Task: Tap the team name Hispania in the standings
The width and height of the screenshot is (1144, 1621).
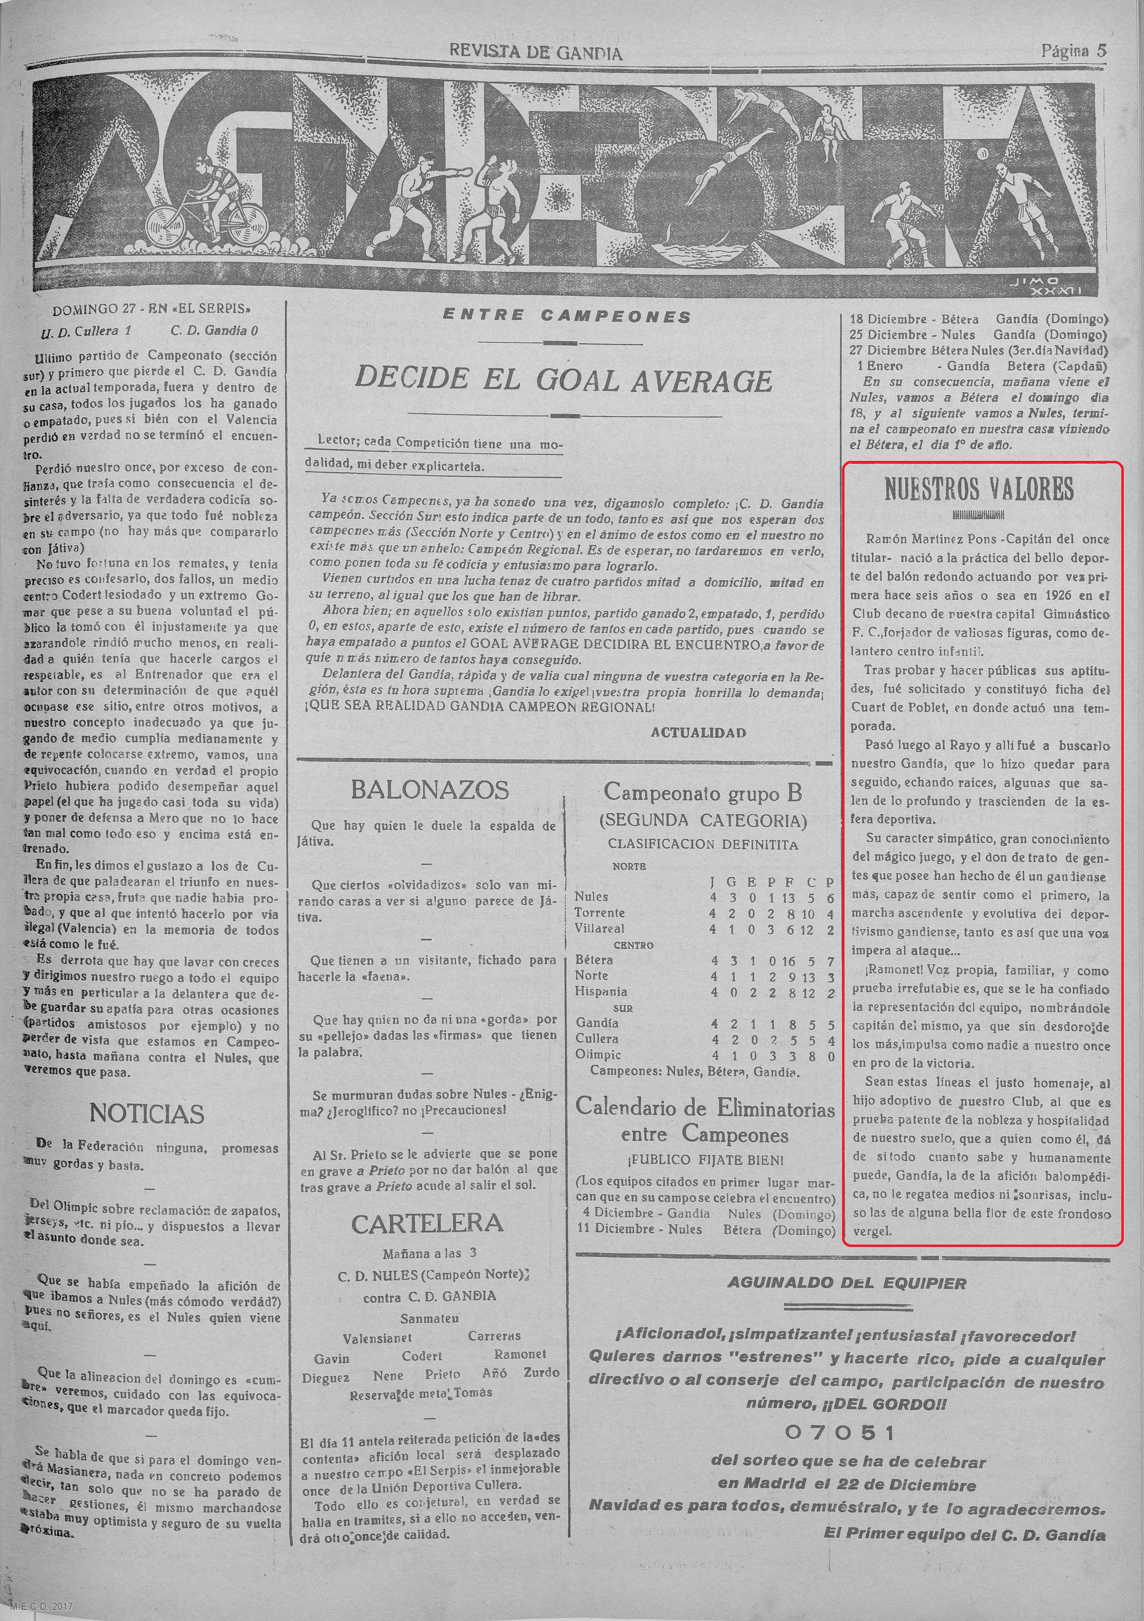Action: pos(601,991)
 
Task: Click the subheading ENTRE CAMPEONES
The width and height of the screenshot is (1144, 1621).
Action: pos(567,317)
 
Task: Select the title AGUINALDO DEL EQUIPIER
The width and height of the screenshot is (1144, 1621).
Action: pos(847,1283)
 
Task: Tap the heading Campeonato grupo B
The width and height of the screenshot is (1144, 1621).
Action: pos(703,793)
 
